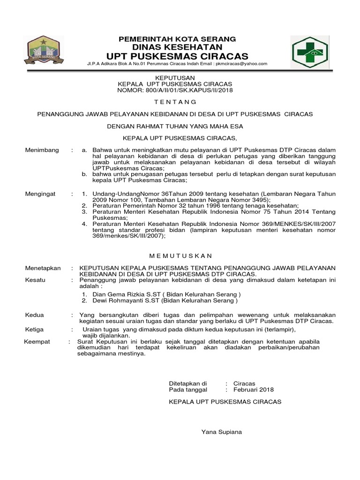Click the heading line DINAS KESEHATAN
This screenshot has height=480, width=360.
click(177, 47)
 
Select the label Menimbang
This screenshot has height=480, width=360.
click(42, 150)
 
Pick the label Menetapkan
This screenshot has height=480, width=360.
click(43, 268)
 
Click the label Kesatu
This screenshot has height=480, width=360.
click(35, 280)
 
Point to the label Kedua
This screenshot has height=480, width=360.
click(34, 315)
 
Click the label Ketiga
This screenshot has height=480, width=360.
click(34, 330)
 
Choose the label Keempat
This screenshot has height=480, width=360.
click(37, 342)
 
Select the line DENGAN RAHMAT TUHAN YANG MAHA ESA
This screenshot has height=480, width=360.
click(175, 126)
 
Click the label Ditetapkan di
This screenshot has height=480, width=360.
click(187, 383)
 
